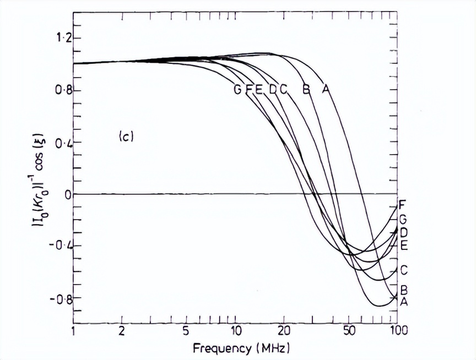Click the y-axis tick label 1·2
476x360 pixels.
click(x=57, y=38)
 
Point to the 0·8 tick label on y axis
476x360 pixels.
click(x=57, y=90)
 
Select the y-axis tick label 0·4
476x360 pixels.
click(x=57, y=143)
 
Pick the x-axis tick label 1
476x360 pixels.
click(x=74, y=331)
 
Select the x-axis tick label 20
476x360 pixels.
click(x=284, y=331)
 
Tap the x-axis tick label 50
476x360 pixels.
click(x=348, y=331)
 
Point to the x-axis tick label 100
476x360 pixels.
click(x=397, y=331)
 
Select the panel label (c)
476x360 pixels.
click(x=126, y=136)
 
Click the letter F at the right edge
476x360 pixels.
click(x=403, y=203)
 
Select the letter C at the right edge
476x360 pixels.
click(x=403, y=270)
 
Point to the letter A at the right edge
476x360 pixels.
click(x=403, y=301)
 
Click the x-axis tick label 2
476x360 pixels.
click(x=122, y=331)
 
